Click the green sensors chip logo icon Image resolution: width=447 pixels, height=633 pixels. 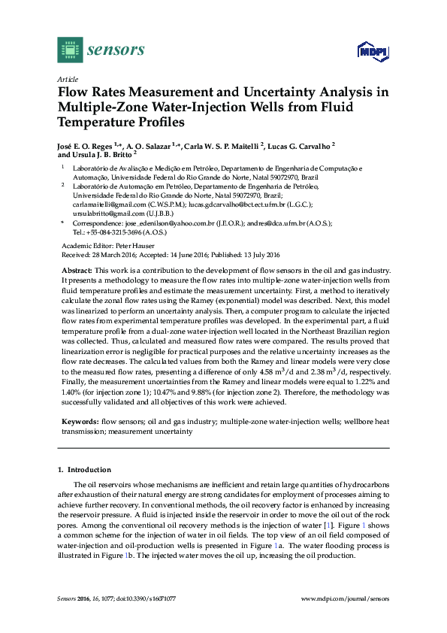(x=69, y=50)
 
